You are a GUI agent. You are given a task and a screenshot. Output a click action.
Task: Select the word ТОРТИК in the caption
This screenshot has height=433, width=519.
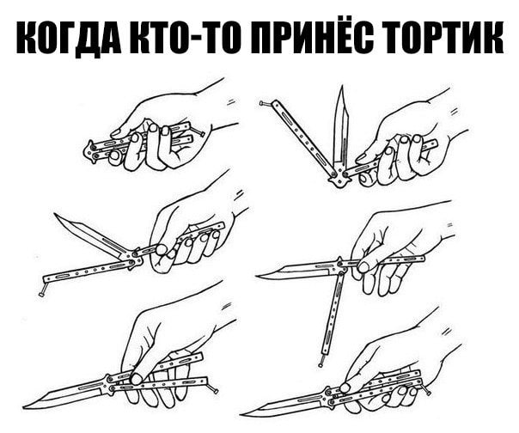click(443, 38)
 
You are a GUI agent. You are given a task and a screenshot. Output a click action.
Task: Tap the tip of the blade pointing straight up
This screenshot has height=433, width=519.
click(343, 86)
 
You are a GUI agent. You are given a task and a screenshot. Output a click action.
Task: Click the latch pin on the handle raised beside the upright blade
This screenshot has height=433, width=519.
click(263, 104)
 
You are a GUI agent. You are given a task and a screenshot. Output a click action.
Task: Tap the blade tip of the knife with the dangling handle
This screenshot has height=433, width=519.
click(257, 276)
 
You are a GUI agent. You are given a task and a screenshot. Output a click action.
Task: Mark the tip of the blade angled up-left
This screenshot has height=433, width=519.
click(55, 215)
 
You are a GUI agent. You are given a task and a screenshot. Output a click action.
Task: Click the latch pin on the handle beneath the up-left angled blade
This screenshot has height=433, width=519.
click(41, 294)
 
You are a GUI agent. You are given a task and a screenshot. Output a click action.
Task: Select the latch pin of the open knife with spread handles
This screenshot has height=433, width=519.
click(216, 391)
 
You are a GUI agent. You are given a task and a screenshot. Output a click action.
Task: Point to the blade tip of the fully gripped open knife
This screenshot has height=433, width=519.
click(242, 415)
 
